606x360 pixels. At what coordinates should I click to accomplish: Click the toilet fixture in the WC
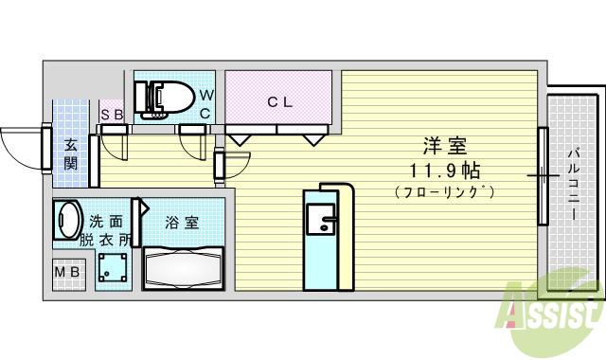(x=163, y=96)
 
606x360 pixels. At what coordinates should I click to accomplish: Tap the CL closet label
(x=278, y=102)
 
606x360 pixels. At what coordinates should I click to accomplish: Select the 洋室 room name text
(x=444, y=147)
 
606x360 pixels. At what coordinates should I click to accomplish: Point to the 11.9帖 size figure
(x=444, y=171)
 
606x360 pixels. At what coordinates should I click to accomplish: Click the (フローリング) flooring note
(x=444, y=193)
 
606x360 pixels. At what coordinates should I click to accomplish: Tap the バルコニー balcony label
(x=575, y=185)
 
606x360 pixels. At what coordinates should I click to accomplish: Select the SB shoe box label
(x=112, y=115)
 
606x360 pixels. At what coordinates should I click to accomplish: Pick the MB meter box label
(x=67, y=274)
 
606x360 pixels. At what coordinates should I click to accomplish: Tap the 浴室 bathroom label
(x=182, y=224)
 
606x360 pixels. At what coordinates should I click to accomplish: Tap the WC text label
(x=206, y=104)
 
